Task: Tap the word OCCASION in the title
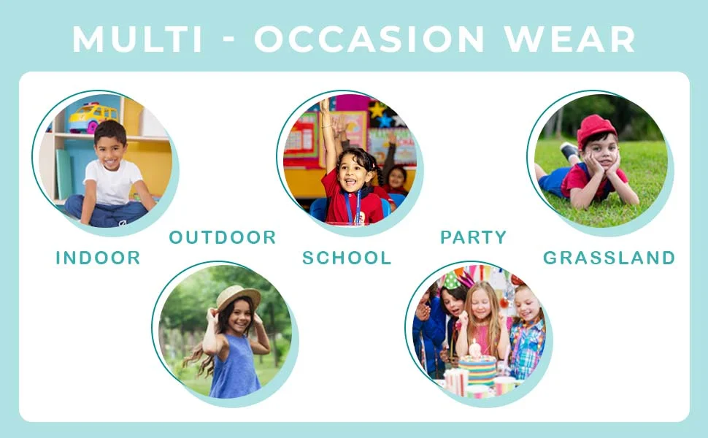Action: point(369,39)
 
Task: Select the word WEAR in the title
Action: point(570,39)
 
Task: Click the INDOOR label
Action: point(98,258)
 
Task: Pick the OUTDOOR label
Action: point(223,237)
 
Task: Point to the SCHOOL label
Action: point(347,258)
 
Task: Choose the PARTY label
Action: point(474,237)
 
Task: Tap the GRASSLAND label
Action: point(609,258)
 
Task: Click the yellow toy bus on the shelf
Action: point(93,118)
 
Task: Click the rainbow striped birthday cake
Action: point(478,369)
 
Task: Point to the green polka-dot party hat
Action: point(450,281)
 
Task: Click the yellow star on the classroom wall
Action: point(377,109)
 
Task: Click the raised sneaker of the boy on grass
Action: point(569,150)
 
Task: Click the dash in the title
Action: point(229,40)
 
